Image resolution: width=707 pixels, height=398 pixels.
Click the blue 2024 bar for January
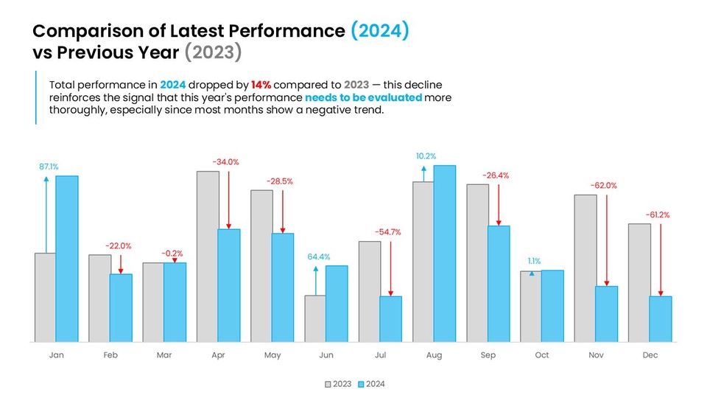[66, 259]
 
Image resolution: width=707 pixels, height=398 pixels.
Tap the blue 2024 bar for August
[444, 254]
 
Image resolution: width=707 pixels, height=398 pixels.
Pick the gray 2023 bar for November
[585, 268]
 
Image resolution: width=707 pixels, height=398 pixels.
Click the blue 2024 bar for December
[661, 319]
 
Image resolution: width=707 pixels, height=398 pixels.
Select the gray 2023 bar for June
[315, 318]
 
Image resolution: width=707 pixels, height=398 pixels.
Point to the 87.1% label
[49, 167]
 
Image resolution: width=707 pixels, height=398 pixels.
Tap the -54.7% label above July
[387, 232]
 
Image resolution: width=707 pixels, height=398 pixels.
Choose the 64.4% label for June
[318, 257]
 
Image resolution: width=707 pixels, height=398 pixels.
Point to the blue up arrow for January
[46, 214]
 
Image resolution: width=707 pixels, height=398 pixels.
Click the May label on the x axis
[272, 355]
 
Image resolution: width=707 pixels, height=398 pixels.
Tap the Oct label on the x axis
[541, 355]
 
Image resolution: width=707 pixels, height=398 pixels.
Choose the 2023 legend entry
[338, 384]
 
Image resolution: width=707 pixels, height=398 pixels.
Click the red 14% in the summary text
[261, 85]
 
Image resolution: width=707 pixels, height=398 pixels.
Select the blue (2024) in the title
[379, 31]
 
